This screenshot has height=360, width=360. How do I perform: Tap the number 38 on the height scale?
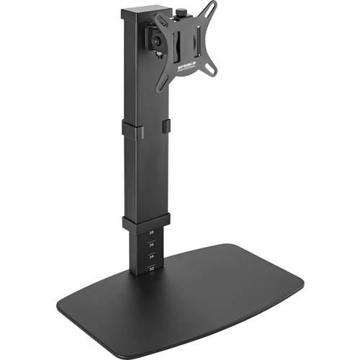tap(151, 233)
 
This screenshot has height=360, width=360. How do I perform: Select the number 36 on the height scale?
tap(151, 245)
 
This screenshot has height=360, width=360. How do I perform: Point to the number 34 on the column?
tap(151, 256)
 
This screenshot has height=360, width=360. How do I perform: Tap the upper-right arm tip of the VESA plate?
tap(213, 6)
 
